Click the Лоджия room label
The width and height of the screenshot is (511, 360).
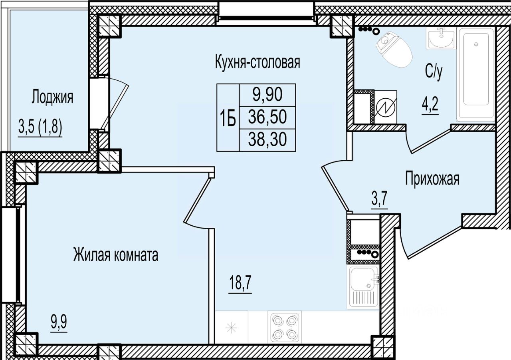[x=52, y=97]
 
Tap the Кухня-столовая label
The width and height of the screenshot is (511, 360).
[x=257, y=62]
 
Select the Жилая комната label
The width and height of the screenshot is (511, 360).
[x=116, y=255]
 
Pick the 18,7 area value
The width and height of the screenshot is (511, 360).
[x=240, y=282]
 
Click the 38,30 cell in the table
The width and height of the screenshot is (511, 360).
[x=267, y=139]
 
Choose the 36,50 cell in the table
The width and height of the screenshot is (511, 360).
[x=267, y=117]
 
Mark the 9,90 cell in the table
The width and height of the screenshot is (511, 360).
[x=267, y=95]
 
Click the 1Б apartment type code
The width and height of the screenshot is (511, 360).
[x=228, y=117]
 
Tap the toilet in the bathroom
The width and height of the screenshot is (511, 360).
[x=394, y=50]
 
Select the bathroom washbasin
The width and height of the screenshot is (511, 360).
[x=441, y=39]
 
